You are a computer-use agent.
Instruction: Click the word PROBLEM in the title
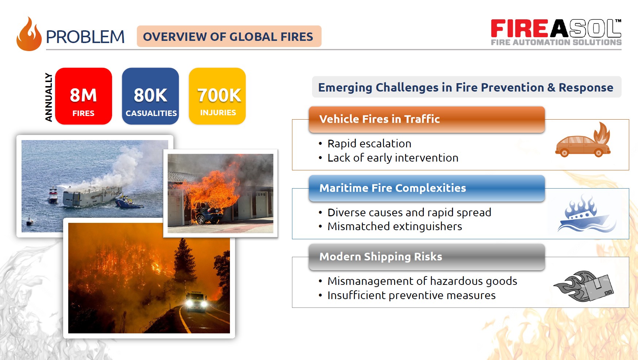tap(85, 37)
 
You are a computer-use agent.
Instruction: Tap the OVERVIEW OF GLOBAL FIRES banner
tap(229, 36)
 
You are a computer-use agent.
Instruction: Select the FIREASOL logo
tap(556, 32)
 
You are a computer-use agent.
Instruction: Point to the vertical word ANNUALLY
tap(49, 97)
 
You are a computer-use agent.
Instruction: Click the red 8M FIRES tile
tap(84, 96)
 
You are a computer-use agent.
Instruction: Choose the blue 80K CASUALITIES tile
tap(150, 96)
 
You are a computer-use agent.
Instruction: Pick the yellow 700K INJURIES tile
tap(218, 96)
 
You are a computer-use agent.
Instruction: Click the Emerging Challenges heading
tap(466, 88)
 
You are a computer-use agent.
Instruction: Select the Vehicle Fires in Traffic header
tap(427, 119)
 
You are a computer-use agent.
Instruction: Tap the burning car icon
tap(583, 140)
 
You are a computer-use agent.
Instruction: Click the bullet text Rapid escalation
tap(369, 143)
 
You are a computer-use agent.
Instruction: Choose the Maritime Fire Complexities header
tap(427, 188)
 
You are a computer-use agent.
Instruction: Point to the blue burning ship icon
tap(586, 213)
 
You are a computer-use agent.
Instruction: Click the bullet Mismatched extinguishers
tap(395, 226)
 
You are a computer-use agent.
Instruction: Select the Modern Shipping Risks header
tap(427, 257)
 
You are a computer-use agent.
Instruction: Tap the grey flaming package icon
tap(584, 286)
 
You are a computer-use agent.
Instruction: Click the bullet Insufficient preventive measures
tap(411, 295)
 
